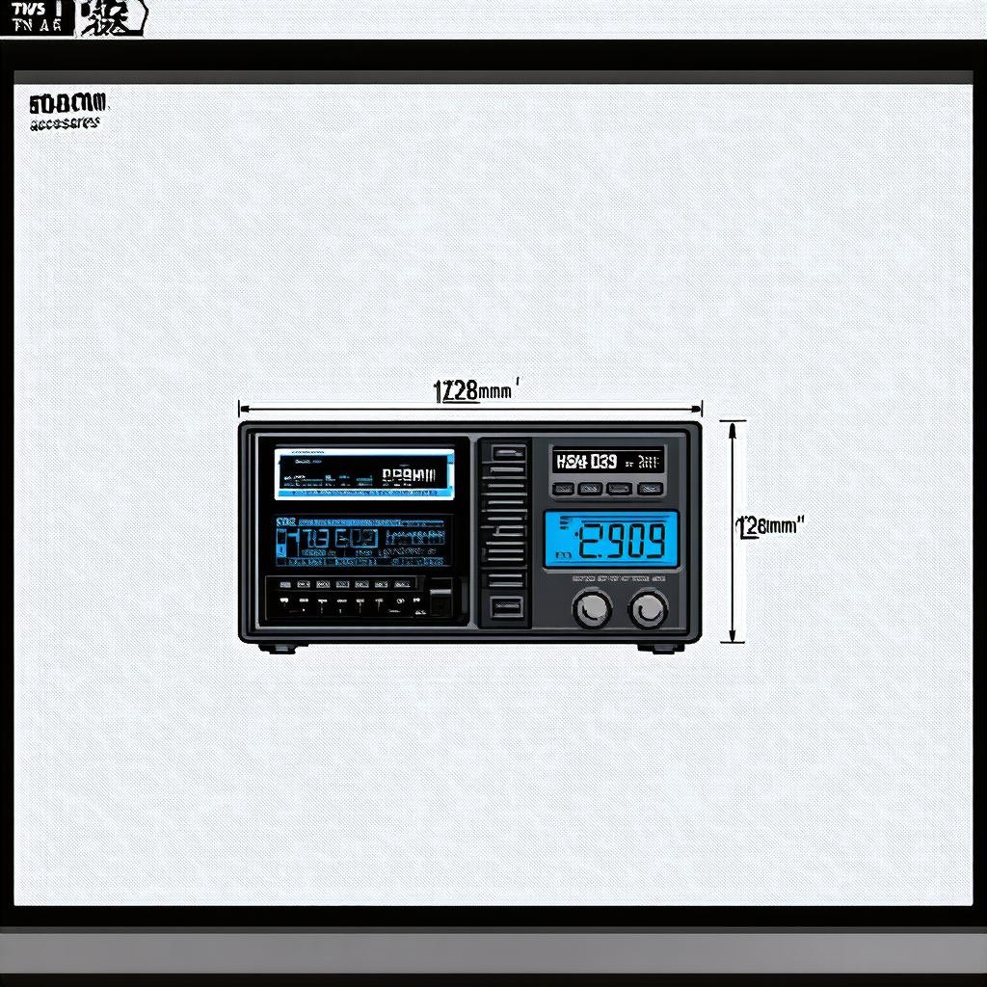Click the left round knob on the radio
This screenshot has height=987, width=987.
(592, 607)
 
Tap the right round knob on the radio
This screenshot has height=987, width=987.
(649, 607)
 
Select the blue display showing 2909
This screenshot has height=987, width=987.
(611, 541)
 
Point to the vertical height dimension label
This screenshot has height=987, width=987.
(770, 526)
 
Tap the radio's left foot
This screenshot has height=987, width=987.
(280, 647)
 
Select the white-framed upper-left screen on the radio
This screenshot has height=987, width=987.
(364, 473)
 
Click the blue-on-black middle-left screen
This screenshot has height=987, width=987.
(361, 542)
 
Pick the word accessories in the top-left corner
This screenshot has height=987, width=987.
(65, 123)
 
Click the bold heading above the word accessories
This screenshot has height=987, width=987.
(69, 102)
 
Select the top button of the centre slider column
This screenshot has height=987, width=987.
(508, 451)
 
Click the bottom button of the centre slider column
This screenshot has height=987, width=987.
(508, 606)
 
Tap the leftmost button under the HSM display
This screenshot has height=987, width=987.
(563, 489)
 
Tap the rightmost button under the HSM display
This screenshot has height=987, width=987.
(651, 489)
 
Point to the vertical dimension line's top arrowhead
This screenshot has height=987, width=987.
(733, 425)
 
